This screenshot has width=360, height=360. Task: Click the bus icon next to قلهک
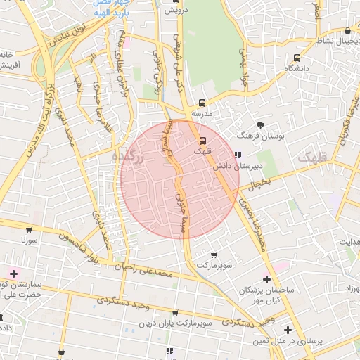pyautogui.click(x=203, y=140)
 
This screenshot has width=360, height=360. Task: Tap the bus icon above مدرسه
pyautogui.click(x=202, y=103)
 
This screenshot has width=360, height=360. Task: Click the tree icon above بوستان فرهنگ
pyautogui.click(x=260, y=124)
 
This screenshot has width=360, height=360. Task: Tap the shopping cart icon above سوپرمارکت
pyautogui.click(x=214, y=255)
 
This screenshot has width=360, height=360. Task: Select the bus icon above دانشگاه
pyautogui.click(x=297, y=58)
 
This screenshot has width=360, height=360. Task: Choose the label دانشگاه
pyautogui.click(x=297, y=68)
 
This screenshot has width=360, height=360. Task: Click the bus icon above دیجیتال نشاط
pyautogui.click(x=348, y=32)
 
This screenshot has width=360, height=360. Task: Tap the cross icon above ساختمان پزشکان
pyautogui.click(x=266, y=279)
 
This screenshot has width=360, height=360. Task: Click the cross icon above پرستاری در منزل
pyautogui.click(x=287, y=330)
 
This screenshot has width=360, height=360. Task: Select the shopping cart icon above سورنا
pyautogui.click(x=29, y=229)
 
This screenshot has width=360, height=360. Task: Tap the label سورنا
pyautogui.click(x=29, y=240)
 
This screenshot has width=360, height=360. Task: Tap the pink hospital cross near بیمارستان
pyautogui.click(x=13, y=273)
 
